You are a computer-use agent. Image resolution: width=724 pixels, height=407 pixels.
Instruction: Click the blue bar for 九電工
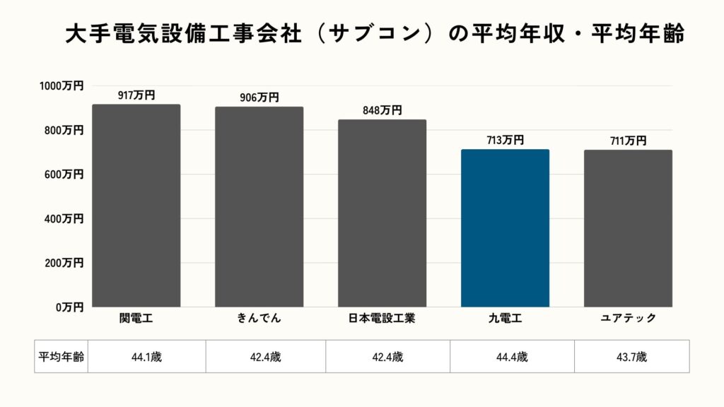[505, 228]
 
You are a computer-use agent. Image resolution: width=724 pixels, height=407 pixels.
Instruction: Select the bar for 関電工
[136, 206]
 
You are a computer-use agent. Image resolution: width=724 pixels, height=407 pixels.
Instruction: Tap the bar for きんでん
[259, 207]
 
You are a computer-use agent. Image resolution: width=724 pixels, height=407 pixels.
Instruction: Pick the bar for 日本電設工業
[382, 213]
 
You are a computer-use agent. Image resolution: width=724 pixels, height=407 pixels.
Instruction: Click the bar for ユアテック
[628, 228]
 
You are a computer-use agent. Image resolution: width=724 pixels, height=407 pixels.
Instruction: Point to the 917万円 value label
[136, 95]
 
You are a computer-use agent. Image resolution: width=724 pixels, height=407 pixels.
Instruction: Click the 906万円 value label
[259, 98]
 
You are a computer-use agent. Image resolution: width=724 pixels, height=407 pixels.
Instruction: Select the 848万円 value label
[382, 110]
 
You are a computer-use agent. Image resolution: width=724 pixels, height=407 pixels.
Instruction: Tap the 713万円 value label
[505, 140]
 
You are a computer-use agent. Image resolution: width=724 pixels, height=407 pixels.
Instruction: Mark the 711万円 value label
[628, 141]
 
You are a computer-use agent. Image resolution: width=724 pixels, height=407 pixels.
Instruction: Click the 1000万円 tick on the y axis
[61, 85]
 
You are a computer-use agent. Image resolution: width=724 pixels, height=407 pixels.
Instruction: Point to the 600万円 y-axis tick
[64, 174]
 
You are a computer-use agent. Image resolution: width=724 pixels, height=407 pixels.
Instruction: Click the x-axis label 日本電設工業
[382, 318]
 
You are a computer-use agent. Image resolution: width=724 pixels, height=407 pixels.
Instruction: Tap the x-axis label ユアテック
[628, 318]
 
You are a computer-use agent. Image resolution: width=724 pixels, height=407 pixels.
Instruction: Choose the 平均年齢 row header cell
[61, 357]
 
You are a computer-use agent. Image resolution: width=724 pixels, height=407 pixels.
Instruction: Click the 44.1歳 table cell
[146, 357]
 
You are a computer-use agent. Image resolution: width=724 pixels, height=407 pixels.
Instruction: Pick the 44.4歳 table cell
[512, 357]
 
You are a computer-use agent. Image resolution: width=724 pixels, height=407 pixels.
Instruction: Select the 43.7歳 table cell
[631, 357]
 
